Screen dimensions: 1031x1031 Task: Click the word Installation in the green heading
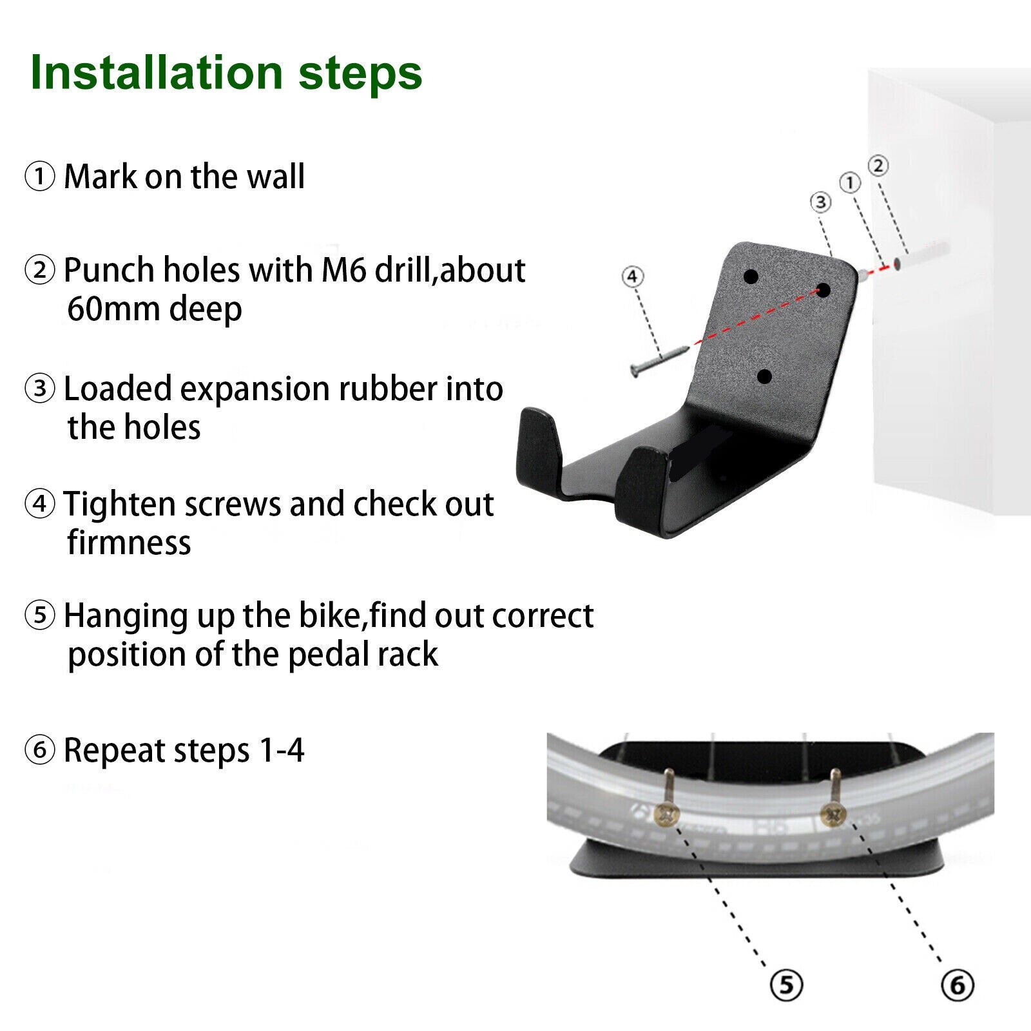click(157, 72)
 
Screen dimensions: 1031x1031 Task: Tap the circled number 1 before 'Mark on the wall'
click(40, 177)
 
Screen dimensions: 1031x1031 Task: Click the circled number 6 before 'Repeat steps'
click(40, 750)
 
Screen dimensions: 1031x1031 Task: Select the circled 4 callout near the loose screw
click(632, 276)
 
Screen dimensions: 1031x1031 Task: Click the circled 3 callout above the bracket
click(820, 202)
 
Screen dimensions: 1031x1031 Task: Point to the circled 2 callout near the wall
click(878, 166)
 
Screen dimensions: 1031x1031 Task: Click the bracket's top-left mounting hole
click(751, 277)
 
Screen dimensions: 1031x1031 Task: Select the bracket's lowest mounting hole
click(765, 376)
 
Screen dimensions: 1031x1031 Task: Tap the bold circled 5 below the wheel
click(786, 985)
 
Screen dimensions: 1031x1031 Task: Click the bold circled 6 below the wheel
click(958, 985)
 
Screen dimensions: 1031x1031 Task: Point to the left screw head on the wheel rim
click(667, 815)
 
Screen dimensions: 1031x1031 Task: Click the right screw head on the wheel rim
click(833, 815)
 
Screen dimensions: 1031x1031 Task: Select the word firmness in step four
click(130, 543)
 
